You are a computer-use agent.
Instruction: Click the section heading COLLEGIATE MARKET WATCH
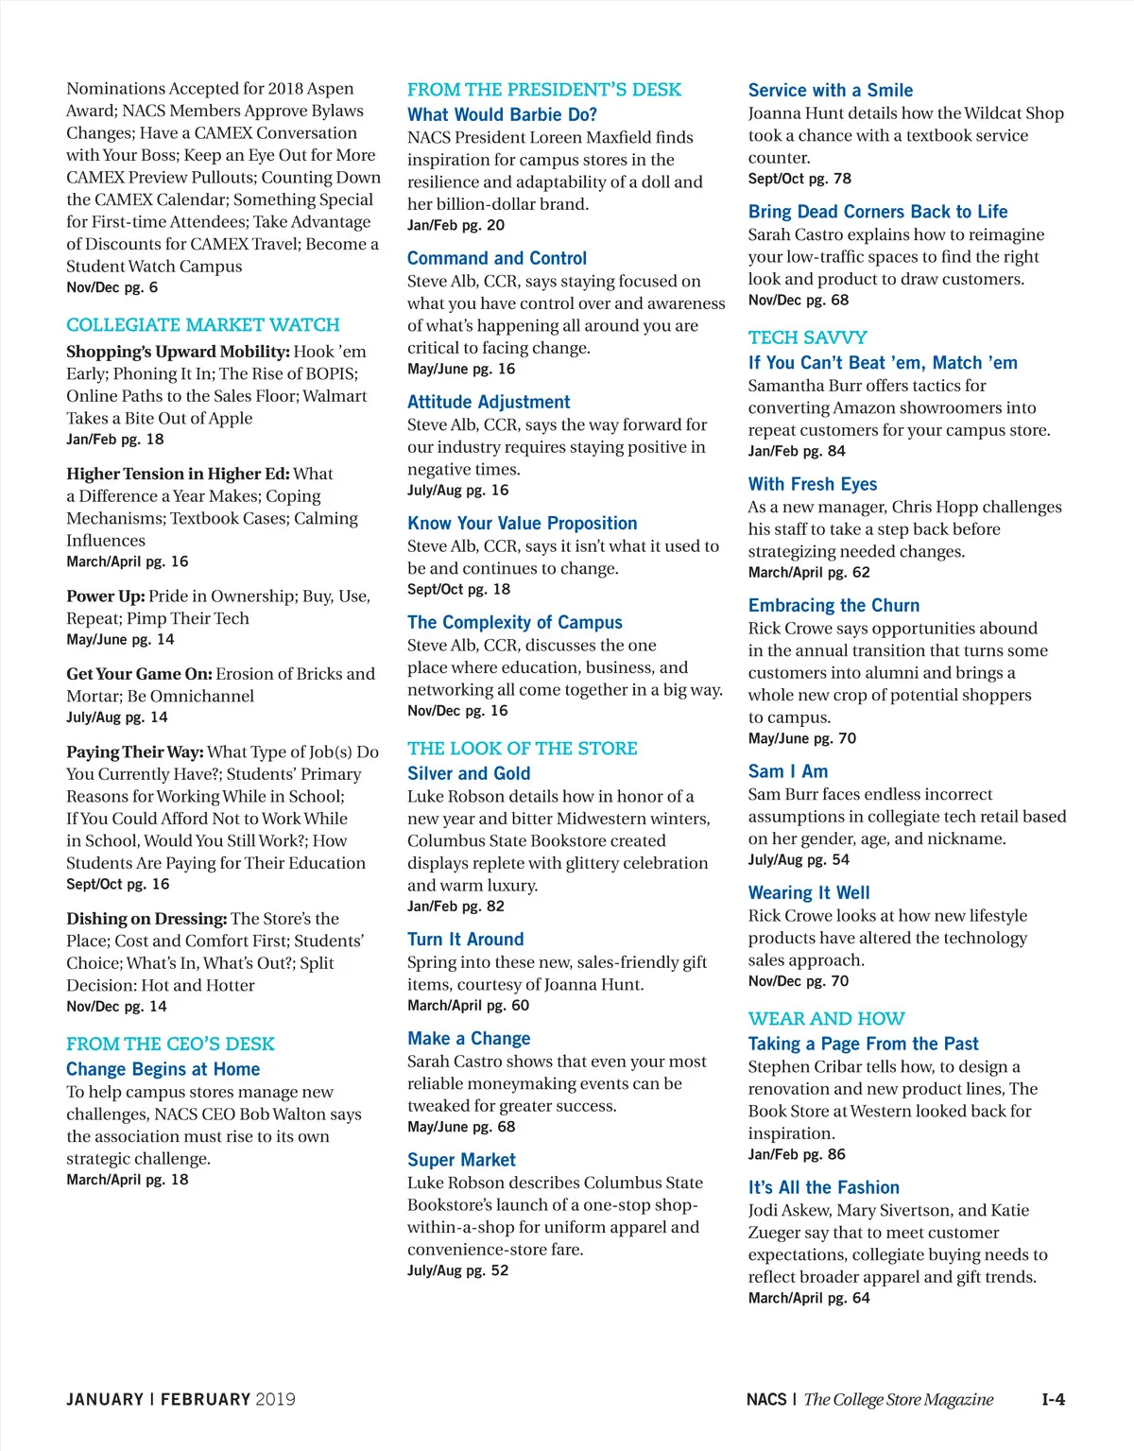click(202, 325)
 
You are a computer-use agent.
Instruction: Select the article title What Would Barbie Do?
click(502, 114)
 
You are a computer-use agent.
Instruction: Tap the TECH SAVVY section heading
click(807, 337)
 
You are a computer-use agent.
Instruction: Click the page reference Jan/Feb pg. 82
click(455, 907)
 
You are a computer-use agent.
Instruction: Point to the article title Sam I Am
click(787, 771)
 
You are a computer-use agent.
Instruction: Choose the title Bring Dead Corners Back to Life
click(877, 212)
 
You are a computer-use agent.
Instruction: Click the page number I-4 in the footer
click(1053, 1399)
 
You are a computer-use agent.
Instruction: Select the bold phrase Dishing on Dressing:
click(146, 919)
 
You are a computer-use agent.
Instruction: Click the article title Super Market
click(461, 1160)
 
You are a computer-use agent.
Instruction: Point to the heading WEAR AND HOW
click(826, 1019)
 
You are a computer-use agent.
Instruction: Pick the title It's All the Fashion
click(823, 1187)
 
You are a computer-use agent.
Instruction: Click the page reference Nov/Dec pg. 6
click(112, 287)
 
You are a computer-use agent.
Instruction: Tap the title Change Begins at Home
click(163, 1069)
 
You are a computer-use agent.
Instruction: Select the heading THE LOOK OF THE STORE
click(522, 749)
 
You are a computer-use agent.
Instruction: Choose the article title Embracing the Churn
click(833, 605)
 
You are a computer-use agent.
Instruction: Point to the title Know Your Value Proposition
click(522, 523)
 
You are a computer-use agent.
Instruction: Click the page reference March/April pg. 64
click(808, 1299)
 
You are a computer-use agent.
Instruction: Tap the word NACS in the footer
click(765, 1399)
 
